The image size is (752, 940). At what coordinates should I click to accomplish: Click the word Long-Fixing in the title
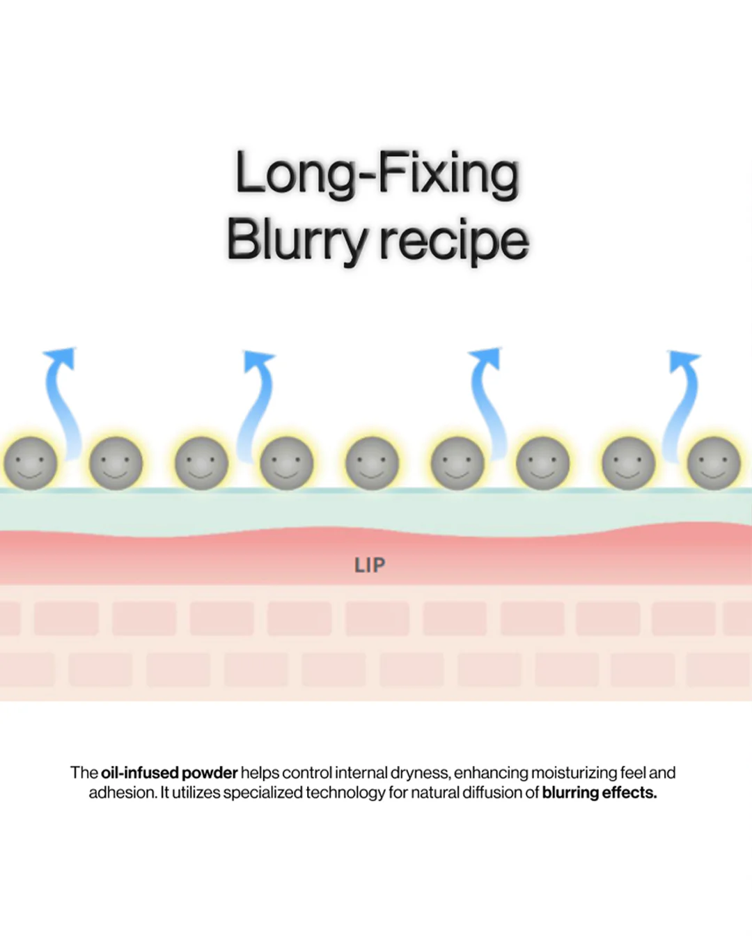click(377, 175)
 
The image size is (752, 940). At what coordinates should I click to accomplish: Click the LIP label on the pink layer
click(370, 565)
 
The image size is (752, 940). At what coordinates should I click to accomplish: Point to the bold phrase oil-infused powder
click(169, 773)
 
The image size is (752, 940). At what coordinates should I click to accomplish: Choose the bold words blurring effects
click(600, 792)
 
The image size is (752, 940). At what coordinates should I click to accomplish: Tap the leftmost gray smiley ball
click(30, 463)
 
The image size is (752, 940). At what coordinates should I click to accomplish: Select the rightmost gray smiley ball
click(714, 463)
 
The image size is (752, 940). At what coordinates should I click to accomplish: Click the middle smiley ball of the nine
click(372, 463)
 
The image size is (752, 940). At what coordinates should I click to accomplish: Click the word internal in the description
click(361, 773)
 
